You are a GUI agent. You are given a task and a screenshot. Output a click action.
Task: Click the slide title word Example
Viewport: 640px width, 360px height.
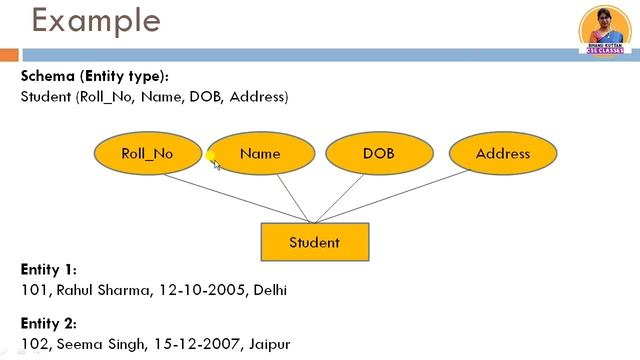coord(81,20)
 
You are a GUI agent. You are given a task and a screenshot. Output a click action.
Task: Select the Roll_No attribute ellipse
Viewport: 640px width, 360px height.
coord(147,154)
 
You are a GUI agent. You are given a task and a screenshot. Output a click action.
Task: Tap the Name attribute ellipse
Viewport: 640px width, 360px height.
coord(260,154)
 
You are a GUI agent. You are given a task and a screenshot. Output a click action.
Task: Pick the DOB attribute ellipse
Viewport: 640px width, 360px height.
coord(378,154)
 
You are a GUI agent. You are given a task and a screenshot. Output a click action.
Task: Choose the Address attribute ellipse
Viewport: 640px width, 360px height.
coord(502,154)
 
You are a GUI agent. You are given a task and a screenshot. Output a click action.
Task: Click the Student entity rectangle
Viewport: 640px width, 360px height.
coord(314,242)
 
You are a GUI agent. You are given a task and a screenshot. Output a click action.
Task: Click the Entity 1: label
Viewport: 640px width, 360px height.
coord(48,270)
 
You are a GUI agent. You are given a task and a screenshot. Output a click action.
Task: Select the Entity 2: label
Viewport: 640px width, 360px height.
coord(48,324)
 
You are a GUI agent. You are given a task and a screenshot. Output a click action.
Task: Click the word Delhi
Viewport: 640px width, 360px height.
coord(268,290)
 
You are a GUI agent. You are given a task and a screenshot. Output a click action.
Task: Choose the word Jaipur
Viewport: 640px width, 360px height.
coord(270,344)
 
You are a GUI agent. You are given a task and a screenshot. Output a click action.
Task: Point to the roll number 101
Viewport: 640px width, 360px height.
coord(32,290)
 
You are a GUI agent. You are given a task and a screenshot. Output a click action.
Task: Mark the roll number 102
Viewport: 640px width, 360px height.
coord(33,344)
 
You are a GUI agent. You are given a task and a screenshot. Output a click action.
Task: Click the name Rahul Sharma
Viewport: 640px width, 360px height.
coord(99,290)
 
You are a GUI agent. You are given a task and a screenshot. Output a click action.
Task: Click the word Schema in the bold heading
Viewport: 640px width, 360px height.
coord(46,77)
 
